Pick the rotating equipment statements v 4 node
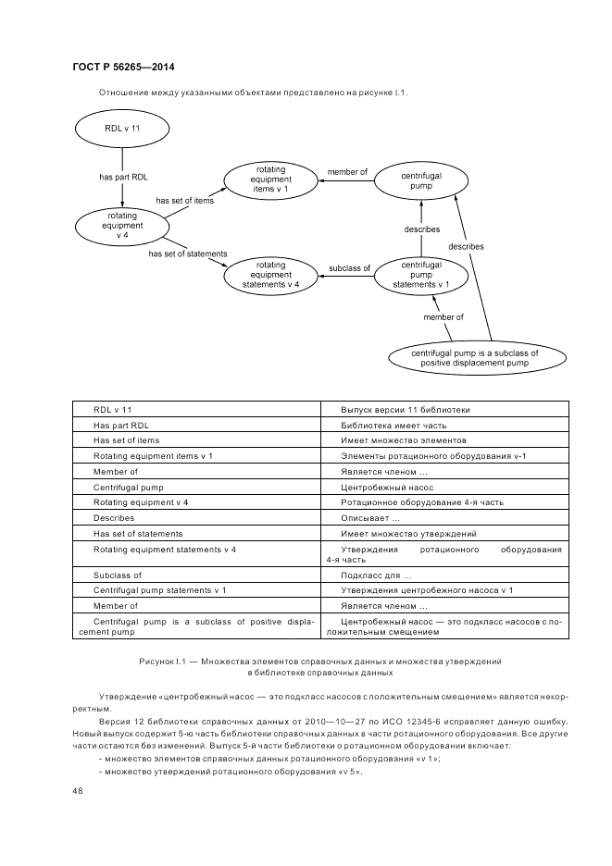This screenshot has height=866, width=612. coord(270,275)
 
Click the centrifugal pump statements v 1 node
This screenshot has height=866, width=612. coord(421,275)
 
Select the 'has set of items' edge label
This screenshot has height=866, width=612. coord(184,201)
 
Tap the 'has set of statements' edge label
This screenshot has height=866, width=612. coord(188,253)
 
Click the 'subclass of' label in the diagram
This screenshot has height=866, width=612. coord(349,268)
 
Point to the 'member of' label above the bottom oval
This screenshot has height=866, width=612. coord(443,317)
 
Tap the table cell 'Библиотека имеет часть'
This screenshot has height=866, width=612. coord(393,425)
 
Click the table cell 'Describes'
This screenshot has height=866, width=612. coord(114,518)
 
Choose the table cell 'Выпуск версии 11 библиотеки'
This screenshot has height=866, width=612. coord(405,409)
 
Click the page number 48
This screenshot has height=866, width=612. coord(77,791)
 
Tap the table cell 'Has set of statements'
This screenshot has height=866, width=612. coord(138,534)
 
